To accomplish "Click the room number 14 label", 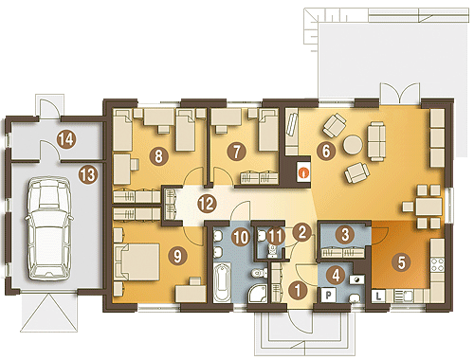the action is pos(67,139).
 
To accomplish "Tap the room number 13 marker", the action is pos(88,174).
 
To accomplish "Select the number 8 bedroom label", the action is pos(159,155).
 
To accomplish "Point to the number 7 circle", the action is pos(236,152).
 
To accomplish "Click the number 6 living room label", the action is pos(326,151).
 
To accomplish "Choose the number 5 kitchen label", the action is pos(401,262).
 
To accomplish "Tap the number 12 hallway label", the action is pos(208,204).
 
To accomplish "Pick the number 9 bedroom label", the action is pos(178,256).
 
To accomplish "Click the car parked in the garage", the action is pos(48,228).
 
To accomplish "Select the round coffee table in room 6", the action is pos(353,145).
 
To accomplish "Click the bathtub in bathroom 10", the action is pos(224,283).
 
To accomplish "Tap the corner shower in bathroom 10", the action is pos(258,293).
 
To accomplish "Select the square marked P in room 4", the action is pos(329,295).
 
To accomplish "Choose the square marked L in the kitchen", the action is pos(378,297).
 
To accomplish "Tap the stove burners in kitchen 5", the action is pos(438,265).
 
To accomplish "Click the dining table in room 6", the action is pos(428,207).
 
